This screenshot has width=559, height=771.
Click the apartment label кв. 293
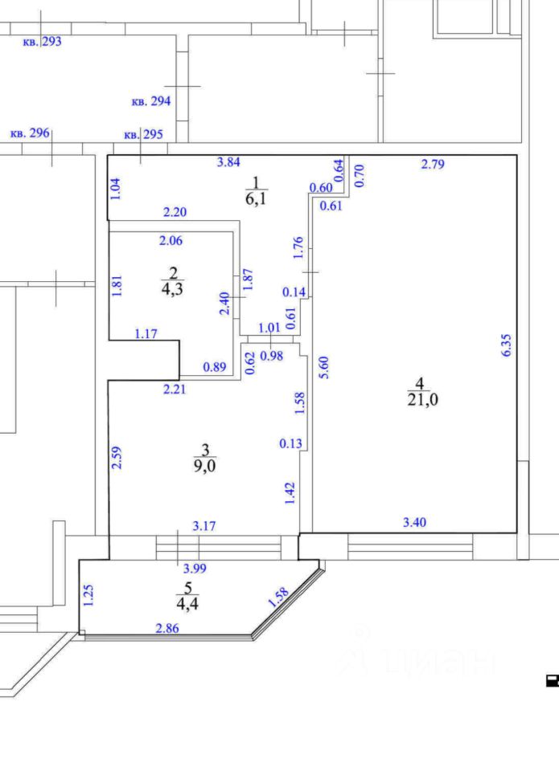(42, 42)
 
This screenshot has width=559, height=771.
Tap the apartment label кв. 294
(150, 102)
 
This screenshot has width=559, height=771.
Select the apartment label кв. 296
(30, 133)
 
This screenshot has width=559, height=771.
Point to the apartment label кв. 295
(143, 134)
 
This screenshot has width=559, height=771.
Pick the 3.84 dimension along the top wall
(228, 162)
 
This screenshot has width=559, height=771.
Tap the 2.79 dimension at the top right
(433, 165)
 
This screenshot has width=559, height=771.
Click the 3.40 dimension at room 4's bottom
(414, 523)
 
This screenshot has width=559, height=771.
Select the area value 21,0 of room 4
(423, 400)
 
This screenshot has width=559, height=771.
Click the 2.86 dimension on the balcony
(167, 628)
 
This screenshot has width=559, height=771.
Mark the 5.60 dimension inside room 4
(324, 367)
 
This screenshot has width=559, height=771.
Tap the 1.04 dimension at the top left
(117, 188)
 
